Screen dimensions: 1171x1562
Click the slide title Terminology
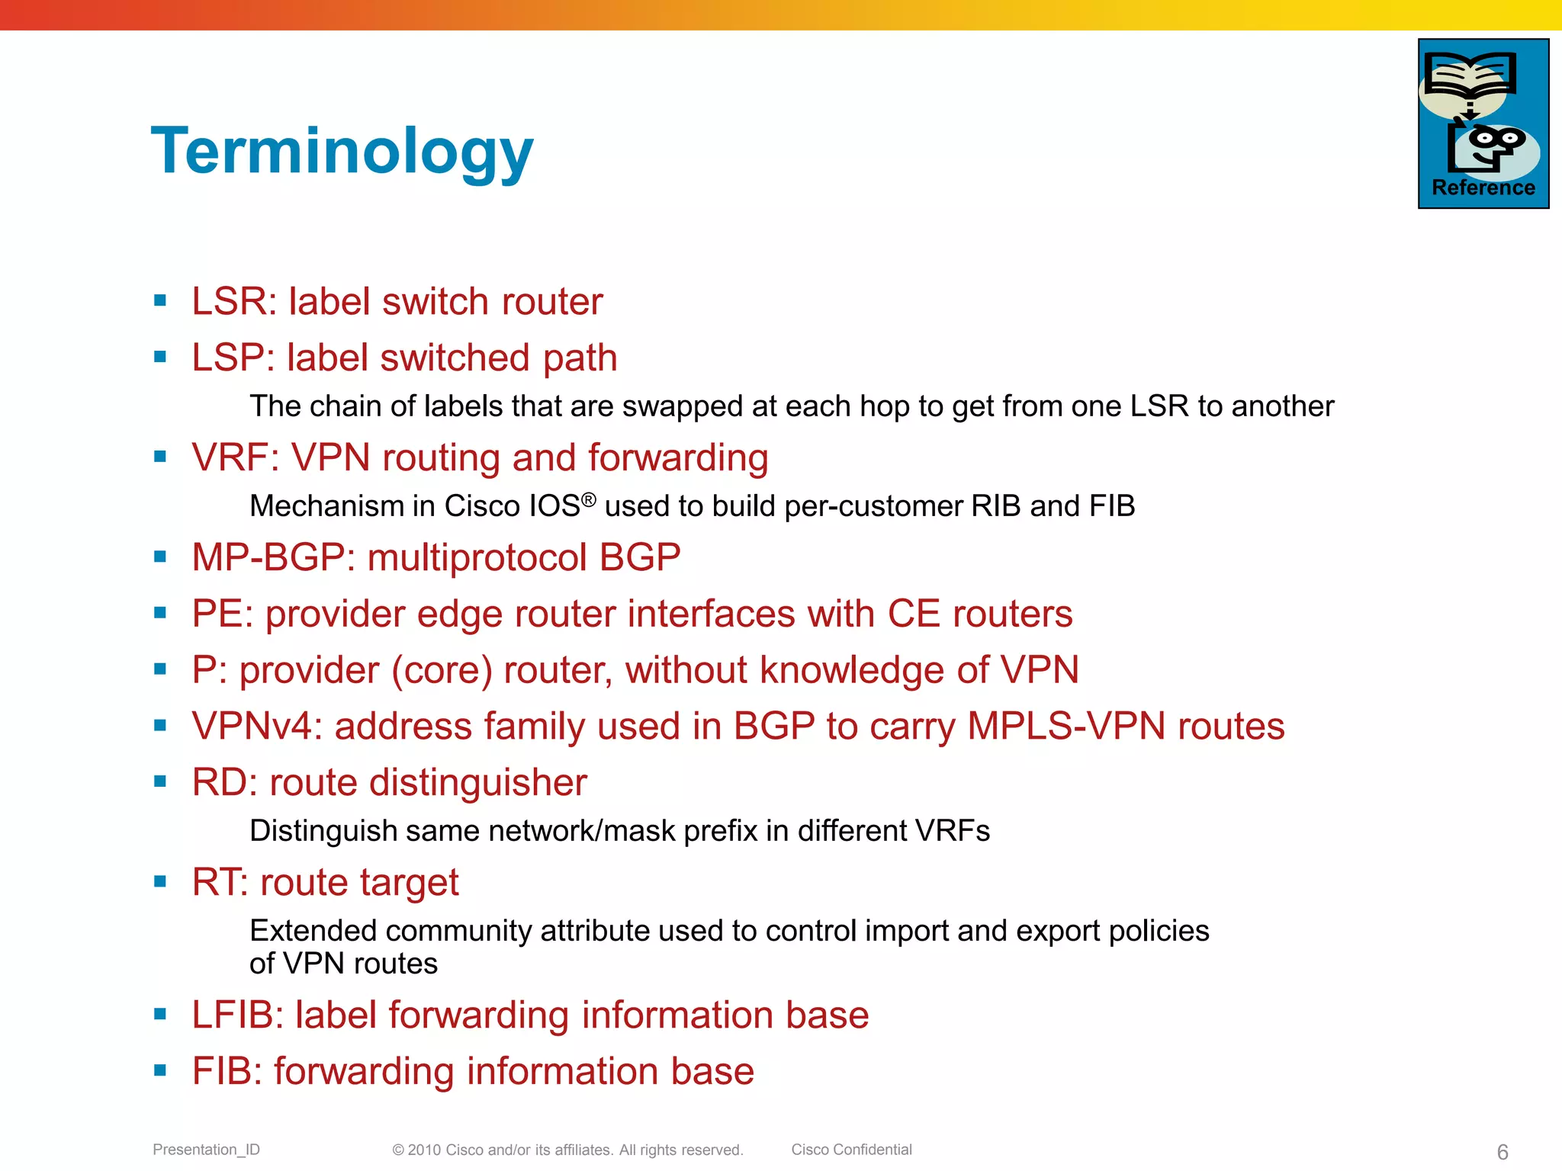click(342, 152)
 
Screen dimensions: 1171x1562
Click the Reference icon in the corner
click(1483, 124)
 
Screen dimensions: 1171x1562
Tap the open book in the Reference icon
click(1470, 75)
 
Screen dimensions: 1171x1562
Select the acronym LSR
click(230, 302)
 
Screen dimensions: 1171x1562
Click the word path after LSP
click(580, 358)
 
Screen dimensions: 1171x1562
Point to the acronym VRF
click(230, 458)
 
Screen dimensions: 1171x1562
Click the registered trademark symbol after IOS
click(588, 500)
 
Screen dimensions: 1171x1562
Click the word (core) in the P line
click(442, 670)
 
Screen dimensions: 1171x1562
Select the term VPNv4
click(252, 726)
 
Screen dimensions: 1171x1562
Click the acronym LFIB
click(237, 1015)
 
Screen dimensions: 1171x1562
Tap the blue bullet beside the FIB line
click(160, 1070)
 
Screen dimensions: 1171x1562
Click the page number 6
click(1503, 1151)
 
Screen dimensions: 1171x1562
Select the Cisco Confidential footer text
click(851, 1150)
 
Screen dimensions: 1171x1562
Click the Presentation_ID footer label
click(206, 1150)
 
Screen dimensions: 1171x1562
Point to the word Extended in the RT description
click(313, 931)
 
